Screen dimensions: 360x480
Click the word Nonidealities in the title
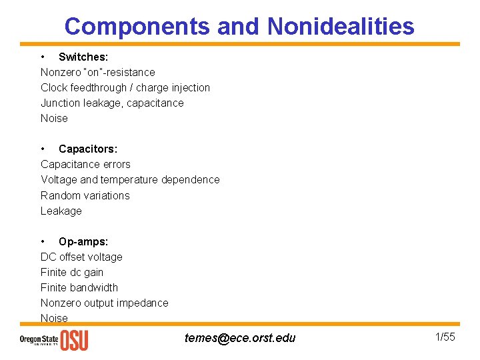(x=341, y=26)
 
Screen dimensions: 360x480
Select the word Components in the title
(x=137, y=26)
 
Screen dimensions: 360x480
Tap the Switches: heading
(x=83, y=57)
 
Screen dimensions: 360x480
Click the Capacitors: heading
(x=88, y=149)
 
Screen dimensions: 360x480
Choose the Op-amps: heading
(x=83, y=241)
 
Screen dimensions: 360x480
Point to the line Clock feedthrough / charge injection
(x=125, y=87)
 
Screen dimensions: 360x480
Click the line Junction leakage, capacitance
(x=112, y=103)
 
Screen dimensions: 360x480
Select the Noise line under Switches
(x=54, y=118)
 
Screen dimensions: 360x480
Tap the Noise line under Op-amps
(x=54, y=318)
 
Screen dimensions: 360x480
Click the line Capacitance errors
(x=85, y=164)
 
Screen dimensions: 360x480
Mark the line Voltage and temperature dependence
(x=130, y=179)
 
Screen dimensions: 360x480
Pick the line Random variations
(x=85, y=195)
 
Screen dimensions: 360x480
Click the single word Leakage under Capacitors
(x=61, y=211)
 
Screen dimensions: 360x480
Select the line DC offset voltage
(x=81, y=257)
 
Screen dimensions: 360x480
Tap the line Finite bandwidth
(x=79, y=287)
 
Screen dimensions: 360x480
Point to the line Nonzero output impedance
(x=105, y=303)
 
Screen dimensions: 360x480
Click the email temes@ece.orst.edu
(x=240, y=338)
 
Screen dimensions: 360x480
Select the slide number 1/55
(x=445, y=337)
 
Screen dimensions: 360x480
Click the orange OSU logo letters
(x=74, y=341)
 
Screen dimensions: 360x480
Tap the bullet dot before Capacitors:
(x=43, y=149)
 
